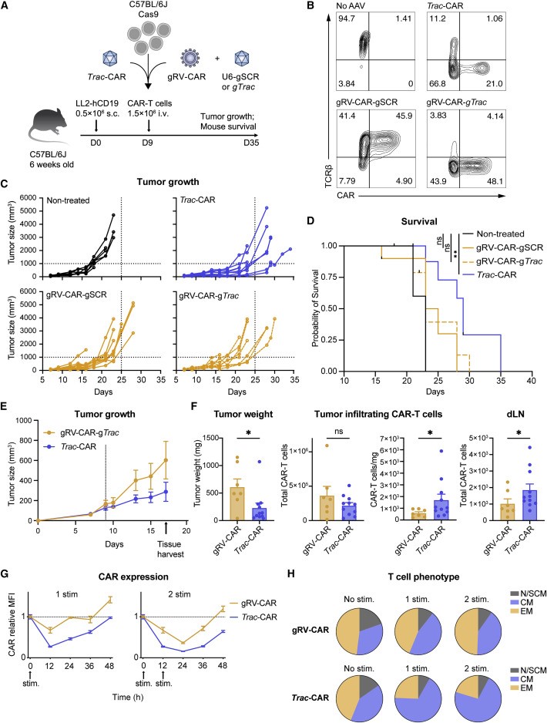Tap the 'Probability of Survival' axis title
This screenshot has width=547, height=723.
pos(306,309)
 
